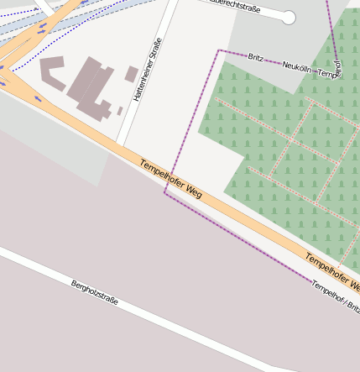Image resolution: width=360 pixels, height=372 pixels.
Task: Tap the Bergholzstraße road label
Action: pyautogui.click(x=94, y=292)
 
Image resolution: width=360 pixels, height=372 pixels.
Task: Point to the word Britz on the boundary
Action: pyautogui.click(x=256, y=57)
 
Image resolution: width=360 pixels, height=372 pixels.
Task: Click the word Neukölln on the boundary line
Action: pyautogui.click(x=297, y=65)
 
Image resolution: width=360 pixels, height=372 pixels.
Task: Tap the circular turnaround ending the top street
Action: pyautogui.click(x=289, y=17)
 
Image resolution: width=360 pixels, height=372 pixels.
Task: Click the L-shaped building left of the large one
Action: pyautogui.click(x=52, y=73)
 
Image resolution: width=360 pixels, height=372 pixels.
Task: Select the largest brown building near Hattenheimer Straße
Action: pyautogui.click(x=91, y=87)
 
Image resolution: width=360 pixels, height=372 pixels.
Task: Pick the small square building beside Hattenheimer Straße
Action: pyautogui.click(x=132, y=74)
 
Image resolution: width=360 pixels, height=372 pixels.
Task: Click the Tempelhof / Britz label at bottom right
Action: pyautogui.click(x=335, y=296)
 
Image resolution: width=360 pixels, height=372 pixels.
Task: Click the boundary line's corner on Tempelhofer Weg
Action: pyautogui.click(x=165, y=192)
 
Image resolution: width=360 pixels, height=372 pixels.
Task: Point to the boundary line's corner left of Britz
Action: pyautogui.click(x=219, y=50)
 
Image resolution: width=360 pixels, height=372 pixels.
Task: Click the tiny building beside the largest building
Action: pyautogui.click(x=119, y=110)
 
